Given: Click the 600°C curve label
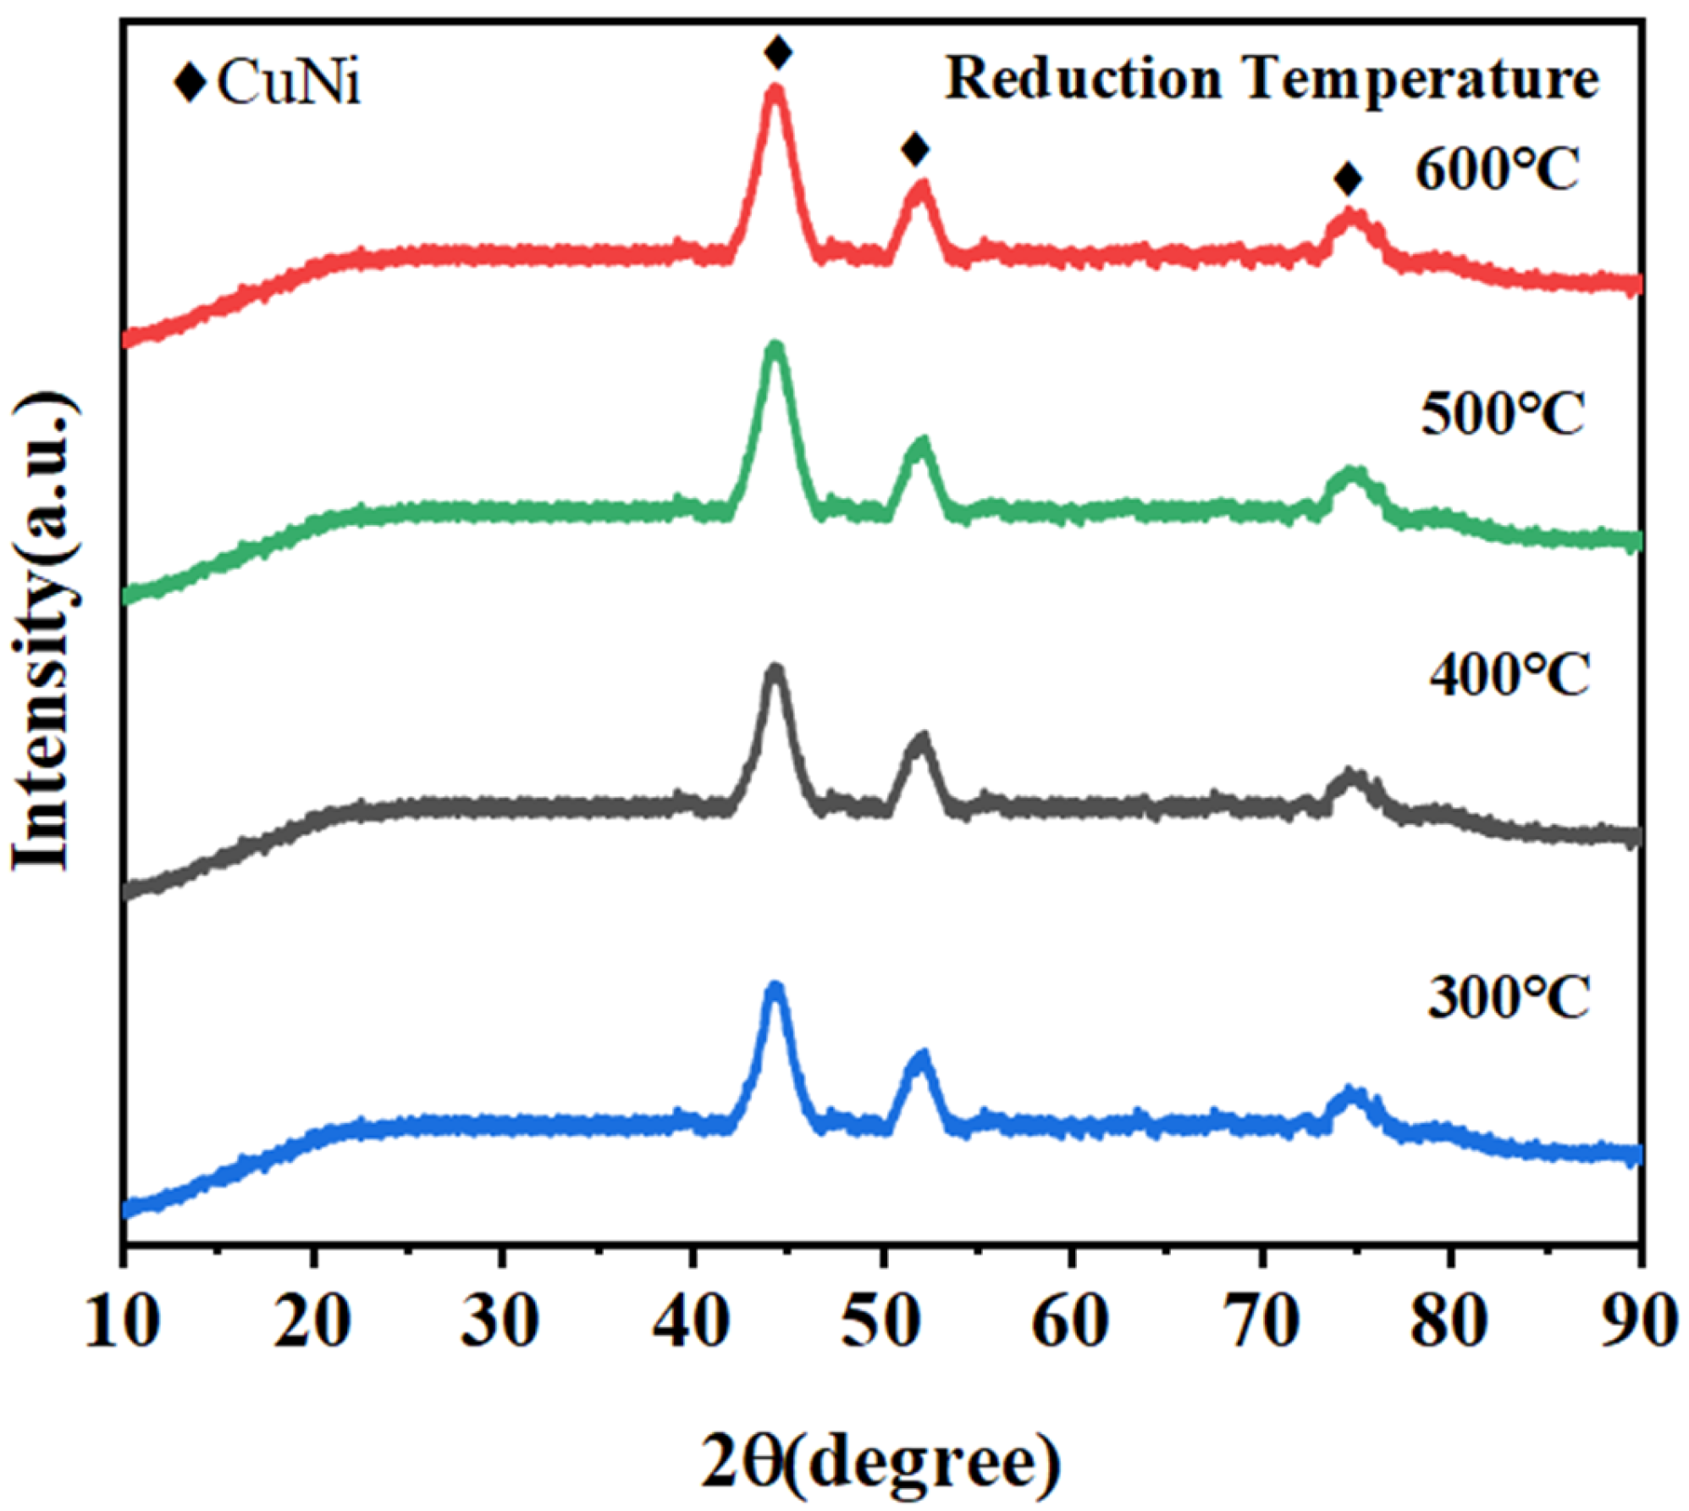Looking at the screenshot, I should [1496, 170].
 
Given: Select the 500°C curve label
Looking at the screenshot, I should [1501, 414].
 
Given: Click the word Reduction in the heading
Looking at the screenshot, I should [1083, 80].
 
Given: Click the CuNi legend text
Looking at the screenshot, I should [289, 83].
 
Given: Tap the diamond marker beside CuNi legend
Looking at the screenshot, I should [190, 82].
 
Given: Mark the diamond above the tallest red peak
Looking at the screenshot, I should [777, 53].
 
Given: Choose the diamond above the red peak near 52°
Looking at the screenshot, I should [915, 150].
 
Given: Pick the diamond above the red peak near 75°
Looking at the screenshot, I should [1348, 180].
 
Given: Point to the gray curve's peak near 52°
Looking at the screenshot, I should [921, 739].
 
